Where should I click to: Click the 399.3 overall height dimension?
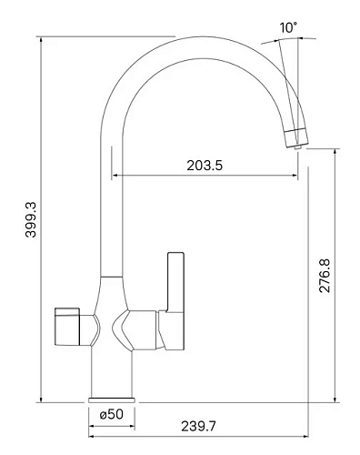pyautogui.click(x=31, y=219)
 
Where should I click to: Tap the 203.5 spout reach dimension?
pyautogui.click(x=205, y=166)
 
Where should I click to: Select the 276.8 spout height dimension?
pyautogui.click(x=325, y=276)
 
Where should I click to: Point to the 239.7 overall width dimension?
pyautogui.click(x=198, y=426)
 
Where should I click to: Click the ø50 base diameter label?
pyautogui.click(x=112, y=414)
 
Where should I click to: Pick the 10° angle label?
pyautogui.click(x=288, y=27)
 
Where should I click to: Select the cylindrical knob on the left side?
pyautogui.click(x=67, y=327)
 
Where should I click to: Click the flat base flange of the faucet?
pyautogui.click(x=112, y=399)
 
